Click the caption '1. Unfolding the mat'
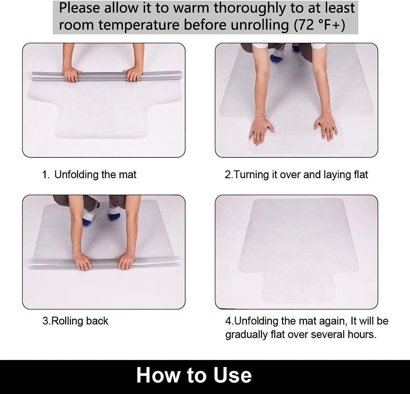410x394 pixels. click(89, 175)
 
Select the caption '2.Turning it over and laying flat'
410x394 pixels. click(296, 175)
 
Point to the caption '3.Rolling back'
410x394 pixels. click(75, 321)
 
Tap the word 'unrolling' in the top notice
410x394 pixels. click(260, 25)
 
